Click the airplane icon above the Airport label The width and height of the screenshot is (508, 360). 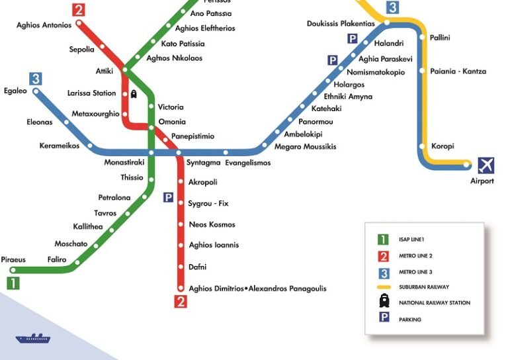(x=486, y=165)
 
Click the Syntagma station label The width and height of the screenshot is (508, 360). (x=203, y=163)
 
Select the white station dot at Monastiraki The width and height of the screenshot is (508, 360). (x=151, y=153)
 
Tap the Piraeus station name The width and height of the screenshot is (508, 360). (x=13, y=259)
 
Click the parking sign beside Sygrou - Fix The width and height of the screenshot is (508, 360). (x=169, y=197)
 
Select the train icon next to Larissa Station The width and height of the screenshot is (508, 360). (x=134, y=94)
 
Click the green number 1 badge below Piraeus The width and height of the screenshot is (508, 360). (x=13, y=284)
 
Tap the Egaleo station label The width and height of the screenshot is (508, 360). (x=15, y=91)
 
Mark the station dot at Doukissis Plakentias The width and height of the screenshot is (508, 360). (x=387, y=23)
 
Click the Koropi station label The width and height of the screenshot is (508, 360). (x=443, y=146)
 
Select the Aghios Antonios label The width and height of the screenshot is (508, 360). (x=44, y=26)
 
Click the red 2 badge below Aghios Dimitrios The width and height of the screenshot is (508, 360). (x=181, y=302)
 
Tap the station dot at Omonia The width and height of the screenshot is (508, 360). (x=153, y=122)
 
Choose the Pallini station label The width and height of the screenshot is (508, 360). (x=440, y=38)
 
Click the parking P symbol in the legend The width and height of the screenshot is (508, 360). (x=382, y=319)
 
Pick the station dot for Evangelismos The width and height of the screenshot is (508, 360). (x=226, y=153)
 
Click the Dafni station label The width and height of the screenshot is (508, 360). (x=198, y=267)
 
